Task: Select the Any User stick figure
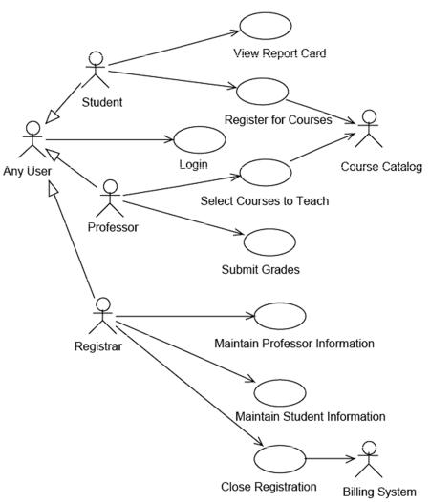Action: [32, 139]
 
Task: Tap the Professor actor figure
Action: [110, 198]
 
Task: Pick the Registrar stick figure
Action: [102, 316]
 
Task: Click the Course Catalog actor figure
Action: [369, 129]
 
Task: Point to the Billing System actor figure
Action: [369, 459]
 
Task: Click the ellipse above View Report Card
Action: [266, 26]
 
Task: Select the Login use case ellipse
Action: [200, 140]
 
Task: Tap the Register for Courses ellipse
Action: [262, 92]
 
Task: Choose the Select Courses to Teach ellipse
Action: [266, 173]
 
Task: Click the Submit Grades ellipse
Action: [269, 242]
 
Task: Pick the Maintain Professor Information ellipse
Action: [280, 316]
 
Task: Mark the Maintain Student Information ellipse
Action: [280, 393]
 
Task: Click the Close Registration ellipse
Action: [280, 459]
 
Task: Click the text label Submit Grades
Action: [260, 269]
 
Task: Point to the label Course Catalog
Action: [381, 167]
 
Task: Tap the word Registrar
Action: [98, 346]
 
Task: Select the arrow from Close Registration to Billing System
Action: [331, 459]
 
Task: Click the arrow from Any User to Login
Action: [109, 140]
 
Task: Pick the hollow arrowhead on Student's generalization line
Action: [52, 116]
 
